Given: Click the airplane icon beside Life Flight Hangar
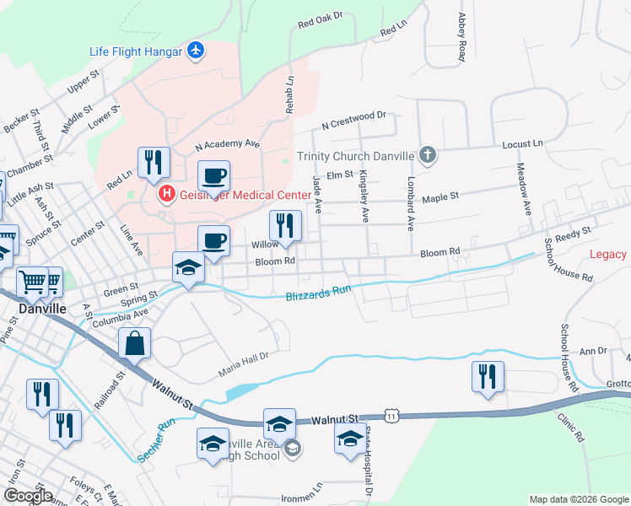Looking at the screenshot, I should [x=196, y=51].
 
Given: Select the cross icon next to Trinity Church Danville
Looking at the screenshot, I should [x=428, y=155].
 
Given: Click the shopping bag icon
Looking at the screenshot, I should [x=135, y=344].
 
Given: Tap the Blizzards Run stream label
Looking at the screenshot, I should [x=317, y=293].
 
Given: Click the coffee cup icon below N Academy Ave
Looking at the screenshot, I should [x=213, y=176].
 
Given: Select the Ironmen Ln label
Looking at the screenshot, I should [x=306, y=487].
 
